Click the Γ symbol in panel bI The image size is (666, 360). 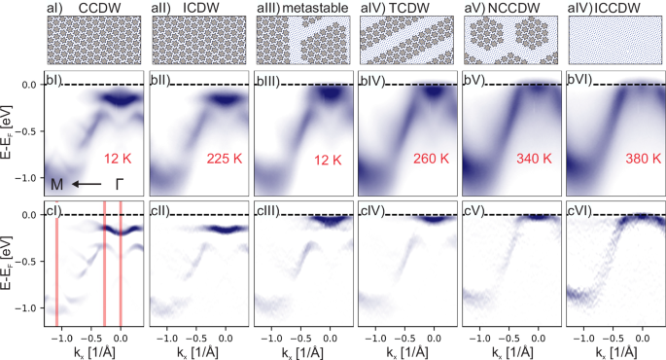[121, 183]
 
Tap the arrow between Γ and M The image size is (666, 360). [89, 183]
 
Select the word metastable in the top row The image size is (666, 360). [309, 8]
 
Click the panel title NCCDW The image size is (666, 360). [515, 8]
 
